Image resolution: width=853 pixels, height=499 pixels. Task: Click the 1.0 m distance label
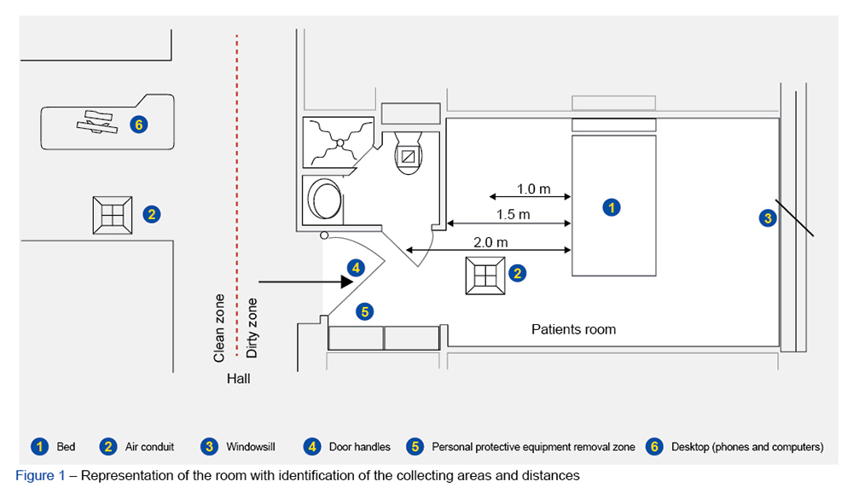click(x=533, y=188)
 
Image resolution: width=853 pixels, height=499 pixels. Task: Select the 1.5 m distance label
click(x=513, y=214)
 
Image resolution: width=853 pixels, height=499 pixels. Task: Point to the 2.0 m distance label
click(x=490, y=241)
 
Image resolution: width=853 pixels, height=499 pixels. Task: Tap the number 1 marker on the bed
click(x=611, y=206)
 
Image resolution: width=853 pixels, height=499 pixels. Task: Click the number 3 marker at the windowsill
click(x=767, y=218)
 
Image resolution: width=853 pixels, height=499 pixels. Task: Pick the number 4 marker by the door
click(x=357, y=267)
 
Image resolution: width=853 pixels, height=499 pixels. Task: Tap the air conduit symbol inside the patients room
click(x=485, y=274)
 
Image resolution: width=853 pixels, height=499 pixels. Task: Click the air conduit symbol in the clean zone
click(x=113, y=215)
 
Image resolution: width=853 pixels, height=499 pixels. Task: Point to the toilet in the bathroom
click(x=409, y=156)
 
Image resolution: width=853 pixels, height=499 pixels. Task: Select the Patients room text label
click(x=573, y=329)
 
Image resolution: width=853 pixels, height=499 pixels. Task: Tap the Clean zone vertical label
click(x=220, y=327)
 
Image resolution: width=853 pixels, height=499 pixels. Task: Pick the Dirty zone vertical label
click(x=252, y=328)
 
